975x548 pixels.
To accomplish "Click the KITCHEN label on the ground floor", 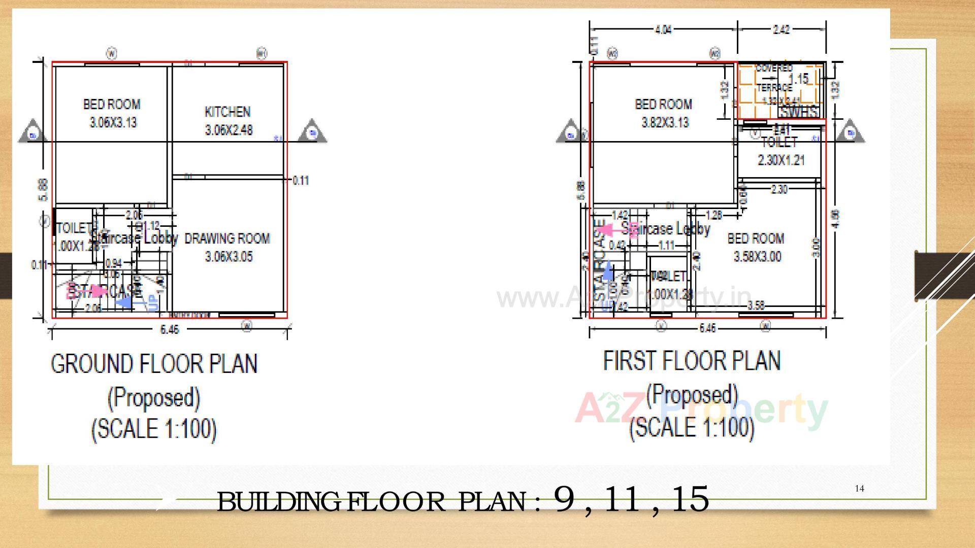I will click(227, 112).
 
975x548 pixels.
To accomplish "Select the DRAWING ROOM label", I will click(227, 238).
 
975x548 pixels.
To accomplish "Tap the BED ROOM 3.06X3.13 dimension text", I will click(113, 123).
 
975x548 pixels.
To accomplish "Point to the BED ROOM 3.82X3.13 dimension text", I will click(665, 123).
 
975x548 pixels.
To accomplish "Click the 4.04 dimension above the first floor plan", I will click(663, 30).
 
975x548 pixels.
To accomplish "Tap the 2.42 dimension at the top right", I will click(781, 30).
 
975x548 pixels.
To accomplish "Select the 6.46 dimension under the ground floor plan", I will click(170, 330).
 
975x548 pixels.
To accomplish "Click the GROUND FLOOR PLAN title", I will click(154, 364).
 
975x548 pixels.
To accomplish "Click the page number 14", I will click(859, 489).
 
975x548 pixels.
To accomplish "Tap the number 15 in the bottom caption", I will click(689, 499).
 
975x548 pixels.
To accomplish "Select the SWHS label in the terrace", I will click(798, 112).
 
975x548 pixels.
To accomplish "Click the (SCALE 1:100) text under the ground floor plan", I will click(154, 429).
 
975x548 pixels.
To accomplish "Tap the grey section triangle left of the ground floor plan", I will click(33, 132).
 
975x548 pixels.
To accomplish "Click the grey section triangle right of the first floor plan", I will click(850, 132).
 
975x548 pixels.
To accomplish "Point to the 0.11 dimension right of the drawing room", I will click(301, 181).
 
